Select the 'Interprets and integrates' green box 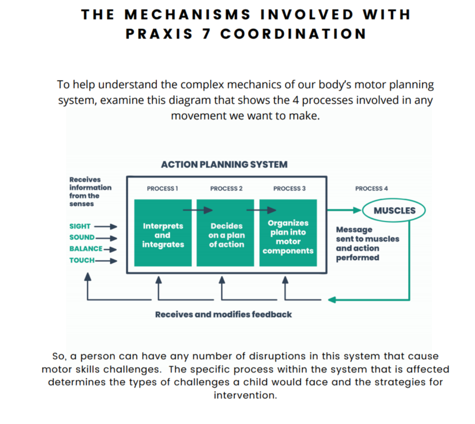[163, 233]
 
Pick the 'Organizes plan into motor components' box [288, 233]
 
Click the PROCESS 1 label [162, 189]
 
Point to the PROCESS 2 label [226, 189]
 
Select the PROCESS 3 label [289, 189]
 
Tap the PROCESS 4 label [372, 189]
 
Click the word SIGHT [80, 227]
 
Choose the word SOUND [82, 237]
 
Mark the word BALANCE [86, 249]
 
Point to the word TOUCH [82, 260]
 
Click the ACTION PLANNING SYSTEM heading [224, 165]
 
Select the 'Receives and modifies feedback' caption [224, 315]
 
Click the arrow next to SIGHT [106, 227]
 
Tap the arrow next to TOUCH [106, 260]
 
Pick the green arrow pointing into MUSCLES [345, 210]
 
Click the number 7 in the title [206, 33]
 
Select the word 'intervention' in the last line [245, 395]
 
